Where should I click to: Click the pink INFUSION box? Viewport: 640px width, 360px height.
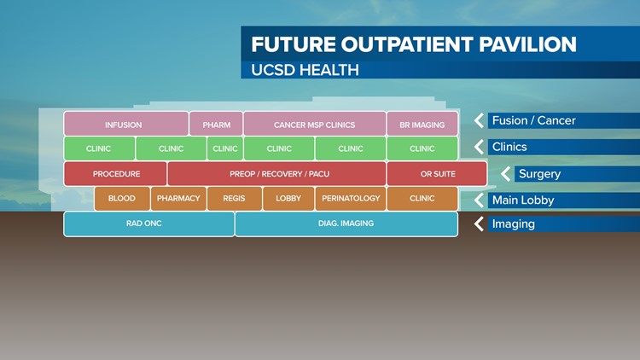pos(125,125)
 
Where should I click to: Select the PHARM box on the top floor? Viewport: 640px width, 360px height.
pos(216,125)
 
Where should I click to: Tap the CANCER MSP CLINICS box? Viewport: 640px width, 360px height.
pos(314,125)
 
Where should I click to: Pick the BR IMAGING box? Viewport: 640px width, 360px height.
pos(422,125)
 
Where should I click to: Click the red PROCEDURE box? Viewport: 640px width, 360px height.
pos(116,174)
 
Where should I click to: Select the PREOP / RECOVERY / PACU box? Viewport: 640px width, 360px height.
pos(278,174)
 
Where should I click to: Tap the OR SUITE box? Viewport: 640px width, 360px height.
pos(437,174)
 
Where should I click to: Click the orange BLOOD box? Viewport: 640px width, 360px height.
pos(122,199)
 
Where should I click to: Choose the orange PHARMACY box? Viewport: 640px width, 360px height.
pos(178,199)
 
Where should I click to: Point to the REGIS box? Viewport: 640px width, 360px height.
pos(234,199)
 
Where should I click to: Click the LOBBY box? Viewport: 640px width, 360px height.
pos(288,199)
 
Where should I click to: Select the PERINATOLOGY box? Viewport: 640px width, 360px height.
pos(351,199)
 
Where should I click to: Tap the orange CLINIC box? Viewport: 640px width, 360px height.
pos(422,199)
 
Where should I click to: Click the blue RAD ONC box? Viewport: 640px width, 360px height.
pos(148,224)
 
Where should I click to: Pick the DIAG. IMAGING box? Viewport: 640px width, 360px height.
pos(346,224)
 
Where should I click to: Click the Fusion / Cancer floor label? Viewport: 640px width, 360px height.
pos(534,121)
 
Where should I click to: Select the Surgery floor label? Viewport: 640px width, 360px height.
pos(539,174)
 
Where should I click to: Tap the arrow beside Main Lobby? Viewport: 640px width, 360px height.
pos(480,200)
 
